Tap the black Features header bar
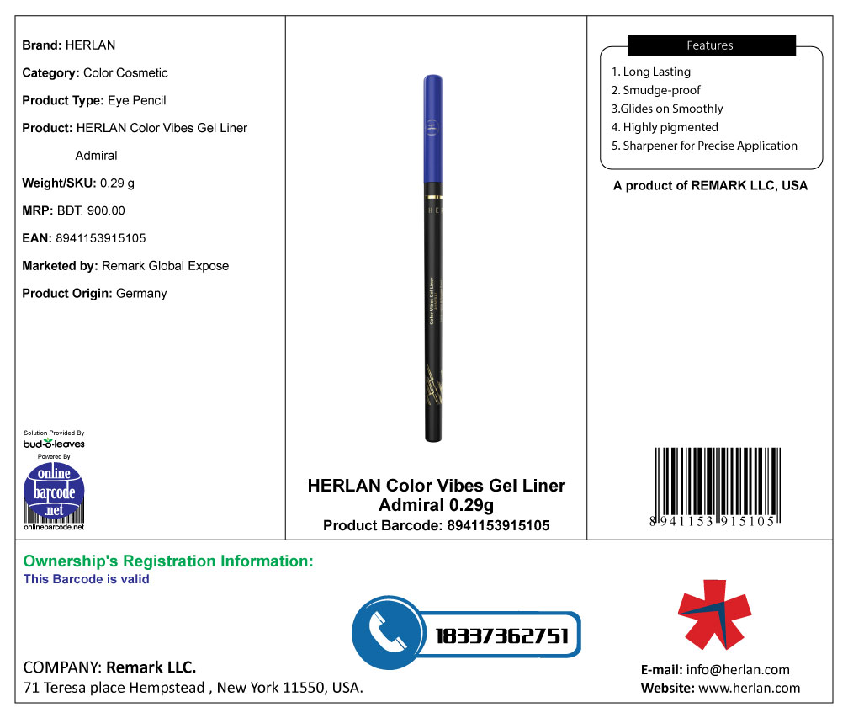(x=711, y=45)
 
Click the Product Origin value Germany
(x=141, y=294)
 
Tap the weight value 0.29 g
(x=118, y=183)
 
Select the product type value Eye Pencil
(x=137, y=100)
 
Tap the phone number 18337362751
(x=502, y=636)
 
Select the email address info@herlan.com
(x=738, y=670)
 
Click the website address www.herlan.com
(x=749, y=689)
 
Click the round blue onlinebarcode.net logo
(x=54, y=492)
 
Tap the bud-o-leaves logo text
(x=54, y=444)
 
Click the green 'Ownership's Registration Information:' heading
(x=168, y=561)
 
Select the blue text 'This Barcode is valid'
(x=87, y=579)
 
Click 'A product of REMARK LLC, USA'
(x=710, y=186)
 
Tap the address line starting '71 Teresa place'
(x=193, y=688)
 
